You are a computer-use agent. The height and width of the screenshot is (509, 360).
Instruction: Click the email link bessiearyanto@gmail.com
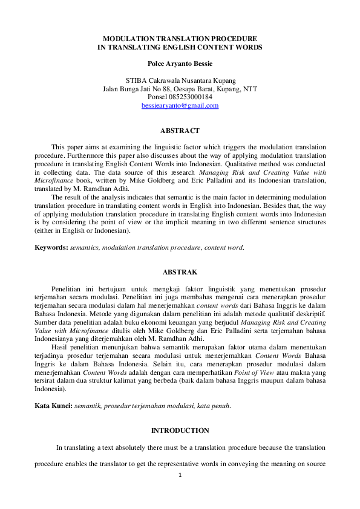[x=180, y=105]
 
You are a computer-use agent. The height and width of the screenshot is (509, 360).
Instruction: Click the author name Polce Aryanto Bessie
[x=180, y=63]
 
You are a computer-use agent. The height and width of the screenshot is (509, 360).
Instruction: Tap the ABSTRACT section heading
[x=180, y=131]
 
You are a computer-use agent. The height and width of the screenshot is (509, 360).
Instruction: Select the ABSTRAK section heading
[x=180, y=273]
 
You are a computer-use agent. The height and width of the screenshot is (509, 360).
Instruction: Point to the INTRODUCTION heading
[x=180, y=430]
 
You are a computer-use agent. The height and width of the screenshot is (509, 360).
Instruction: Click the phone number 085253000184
[x=190, y=97]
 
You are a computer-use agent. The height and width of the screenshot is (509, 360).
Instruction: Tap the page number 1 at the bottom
[x=180, y=475]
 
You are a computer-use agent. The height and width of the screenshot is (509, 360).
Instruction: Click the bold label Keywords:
[x=51, y=247]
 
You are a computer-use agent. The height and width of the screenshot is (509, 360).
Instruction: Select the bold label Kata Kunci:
[x=53, y=406]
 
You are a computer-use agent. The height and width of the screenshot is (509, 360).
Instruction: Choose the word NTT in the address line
[x=250, y=89]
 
